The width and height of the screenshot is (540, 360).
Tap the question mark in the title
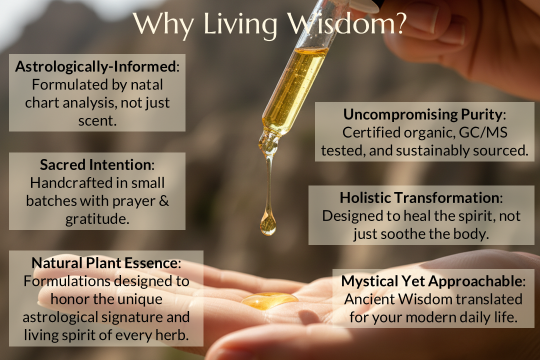[x=399, y=23]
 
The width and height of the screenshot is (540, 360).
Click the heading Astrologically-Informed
[x=95, y=66]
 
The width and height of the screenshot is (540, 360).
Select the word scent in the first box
[x=96, y=121]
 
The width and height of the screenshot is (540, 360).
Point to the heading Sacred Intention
[x=95, y=164]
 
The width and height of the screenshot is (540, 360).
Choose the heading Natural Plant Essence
[x=104, y=263]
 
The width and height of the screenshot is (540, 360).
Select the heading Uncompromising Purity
[x=423, y=114]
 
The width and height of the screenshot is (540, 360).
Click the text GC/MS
[x=483, y=132]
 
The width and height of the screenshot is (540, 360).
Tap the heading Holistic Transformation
[x=419, y=197]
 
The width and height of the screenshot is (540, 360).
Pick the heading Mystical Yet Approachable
[x=431, y=281]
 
